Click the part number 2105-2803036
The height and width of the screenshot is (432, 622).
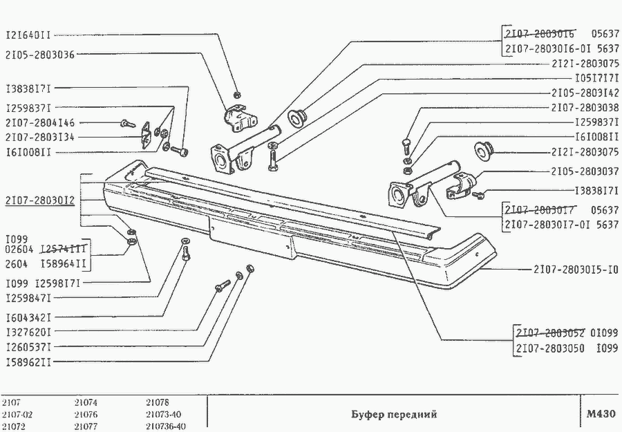[39, 54]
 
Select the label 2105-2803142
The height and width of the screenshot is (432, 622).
[585, 93]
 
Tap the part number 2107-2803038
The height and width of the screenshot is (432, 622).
[585, 108]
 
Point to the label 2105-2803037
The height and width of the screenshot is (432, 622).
[585, 171]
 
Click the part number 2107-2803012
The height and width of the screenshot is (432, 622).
[39, 201]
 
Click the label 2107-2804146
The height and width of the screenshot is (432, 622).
[39, 122]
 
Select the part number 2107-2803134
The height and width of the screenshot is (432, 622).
[39, 137]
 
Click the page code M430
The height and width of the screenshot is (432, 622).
[599, 413]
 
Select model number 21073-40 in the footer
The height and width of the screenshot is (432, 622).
[164, 414]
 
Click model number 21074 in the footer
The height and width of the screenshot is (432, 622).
[86, 402]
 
